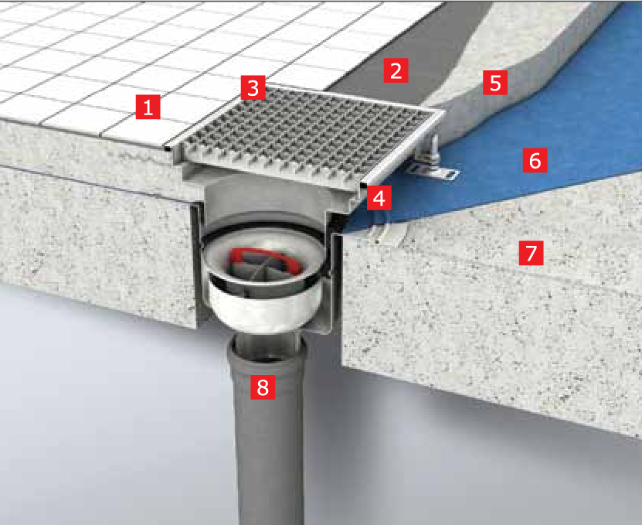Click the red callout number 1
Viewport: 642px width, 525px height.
148,107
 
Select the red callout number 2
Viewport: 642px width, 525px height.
396,70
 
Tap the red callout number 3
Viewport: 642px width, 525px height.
253,87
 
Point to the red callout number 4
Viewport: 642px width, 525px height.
379,198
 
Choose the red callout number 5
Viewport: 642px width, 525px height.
495,83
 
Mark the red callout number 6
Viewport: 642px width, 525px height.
535,160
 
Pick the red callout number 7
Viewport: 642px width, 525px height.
531,253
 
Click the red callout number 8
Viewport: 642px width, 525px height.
263,387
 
